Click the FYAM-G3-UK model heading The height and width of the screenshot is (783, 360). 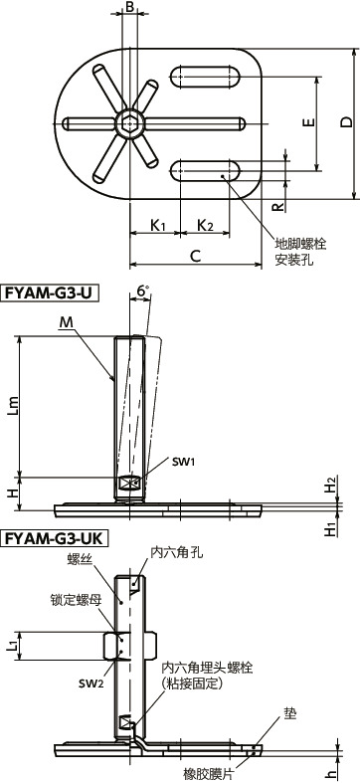57,538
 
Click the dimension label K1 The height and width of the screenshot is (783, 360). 157,226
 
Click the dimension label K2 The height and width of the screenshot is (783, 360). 205,226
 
